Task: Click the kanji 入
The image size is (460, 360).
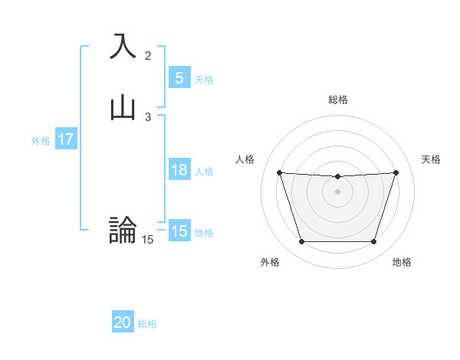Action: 123,46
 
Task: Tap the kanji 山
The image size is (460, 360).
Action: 123,107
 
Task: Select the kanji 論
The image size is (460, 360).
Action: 123,229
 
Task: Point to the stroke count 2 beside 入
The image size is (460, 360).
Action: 148,56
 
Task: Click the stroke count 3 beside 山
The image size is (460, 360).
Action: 148,117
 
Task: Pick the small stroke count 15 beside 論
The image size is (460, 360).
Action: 148,240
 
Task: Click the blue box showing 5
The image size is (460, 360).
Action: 179,77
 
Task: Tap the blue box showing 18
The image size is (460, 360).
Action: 179,170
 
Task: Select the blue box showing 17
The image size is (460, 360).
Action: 66,139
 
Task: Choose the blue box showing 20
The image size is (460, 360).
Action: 123,322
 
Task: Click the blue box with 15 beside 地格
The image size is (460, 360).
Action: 179,231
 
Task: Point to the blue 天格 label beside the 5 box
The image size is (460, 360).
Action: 204,80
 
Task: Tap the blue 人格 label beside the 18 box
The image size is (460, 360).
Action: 204,172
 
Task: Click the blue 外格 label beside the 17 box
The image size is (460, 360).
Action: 41,141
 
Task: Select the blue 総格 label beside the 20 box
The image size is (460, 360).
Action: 147,324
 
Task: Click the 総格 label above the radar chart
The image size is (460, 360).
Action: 337,100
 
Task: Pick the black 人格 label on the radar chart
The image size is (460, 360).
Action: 245,159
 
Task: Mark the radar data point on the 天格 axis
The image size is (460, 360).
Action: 396,172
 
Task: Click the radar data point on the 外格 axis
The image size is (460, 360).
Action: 301,242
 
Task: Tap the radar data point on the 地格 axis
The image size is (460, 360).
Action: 373,242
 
